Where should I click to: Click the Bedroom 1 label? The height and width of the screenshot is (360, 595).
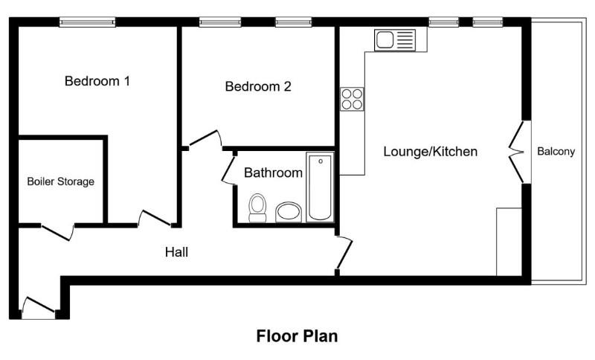pos(97,81)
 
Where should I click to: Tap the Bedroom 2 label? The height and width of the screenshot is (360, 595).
pos(258,86)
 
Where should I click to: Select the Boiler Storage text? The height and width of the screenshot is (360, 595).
pos(61,181)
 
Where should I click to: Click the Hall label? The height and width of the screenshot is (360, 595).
pos(176,252)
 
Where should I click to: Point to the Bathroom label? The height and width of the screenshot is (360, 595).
pos(273,173)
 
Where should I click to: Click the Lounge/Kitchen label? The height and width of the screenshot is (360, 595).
pos(430,152)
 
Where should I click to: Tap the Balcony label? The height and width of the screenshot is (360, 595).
pos(556,152)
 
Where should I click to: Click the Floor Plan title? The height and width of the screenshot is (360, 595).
pos(297,335)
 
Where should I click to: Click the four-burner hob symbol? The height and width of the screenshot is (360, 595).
pos(352,99)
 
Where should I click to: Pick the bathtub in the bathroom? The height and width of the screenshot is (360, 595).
pos(321,187)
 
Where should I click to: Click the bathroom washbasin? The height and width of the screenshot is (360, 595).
pos(289,212)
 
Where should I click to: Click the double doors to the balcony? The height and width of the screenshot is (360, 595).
pos(517,152)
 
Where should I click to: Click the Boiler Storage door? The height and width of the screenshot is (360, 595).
pos(57,230)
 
